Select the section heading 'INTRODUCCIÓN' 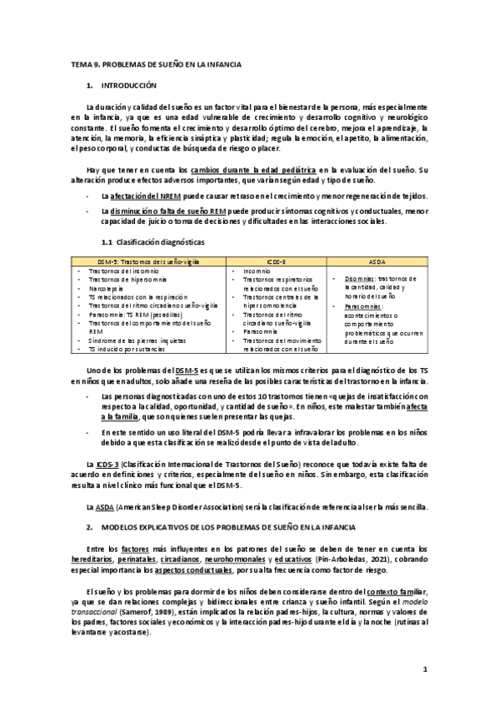[x=128, y=86]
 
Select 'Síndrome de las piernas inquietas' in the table [x=137, y=341]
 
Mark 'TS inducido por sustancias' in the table [x=125, y=349]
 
